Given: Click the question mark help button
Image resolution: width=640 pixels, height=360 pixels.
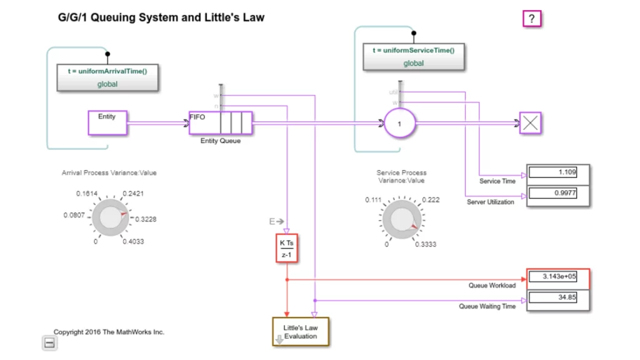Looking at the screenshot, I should pyautogui.click(x=531, y=19).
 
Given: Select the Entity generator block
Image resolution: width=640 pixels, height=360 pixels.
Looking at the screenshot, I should pyautogui.click(x=107, y=122).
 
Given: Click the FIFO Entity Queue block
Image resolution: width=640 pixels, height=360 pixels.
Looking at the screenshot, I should pyautogui.click(x=221, y=122).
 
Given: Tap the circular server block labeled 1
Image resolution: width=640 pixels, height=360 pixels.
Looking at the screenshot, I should pyautogui.click(x=399, y=124).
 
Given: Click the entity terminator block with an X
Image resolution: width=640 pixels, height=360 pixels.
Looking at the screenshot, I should pyautogui.click(x=530, y=123).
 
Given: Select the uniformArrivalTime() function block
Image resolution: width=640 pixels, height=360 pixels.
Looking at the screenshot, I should pyautogui.click(x=107, y=77).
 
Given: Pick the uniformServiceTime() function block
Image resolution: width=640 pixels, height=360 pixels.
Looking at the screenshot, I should pyautogui.click(x=413, y=57).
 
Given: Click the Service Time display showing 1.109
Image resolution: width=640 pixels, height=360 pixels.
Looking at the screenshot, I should pyautogui.click(x=552, y=172).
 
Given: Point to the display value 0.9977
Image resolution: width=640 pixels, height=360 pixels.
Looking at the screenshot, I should pyautogui.click(x=552, y=193).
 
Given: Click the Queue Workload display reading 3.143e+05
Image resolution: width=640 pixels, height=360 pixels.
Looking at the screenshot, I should pyautogui.click(x=552, y=276).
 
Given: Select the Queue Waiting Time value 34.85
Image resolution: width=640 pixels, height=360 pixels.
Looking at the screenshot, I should pyautogui.click(x=552, y=297).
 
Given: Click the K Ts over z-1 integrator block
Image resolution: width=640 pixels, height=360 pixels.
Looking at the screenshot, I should pyautogui.click(x=286, y=247).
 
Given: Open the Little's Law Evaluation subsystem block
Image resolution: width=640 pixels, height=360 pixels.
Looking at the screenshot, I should pyautogui.click(x=300, y=331).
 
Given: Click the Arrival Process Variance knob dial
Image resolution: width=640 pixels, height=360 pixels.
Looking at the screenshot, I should pyautogui.click(x=110, y=217).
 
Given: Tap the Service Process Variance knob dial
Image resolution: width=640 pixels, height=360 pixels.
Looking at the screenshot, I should pyautogui.click(x=400, y=220).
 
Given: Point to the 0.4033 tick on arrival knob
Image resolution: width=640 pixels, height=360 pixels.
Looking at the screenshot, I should pyautogui.click(x=133, y=241).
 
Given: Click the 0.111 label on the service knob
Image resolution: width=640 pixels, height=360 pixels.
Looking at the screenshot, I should pyautogui.click(x=373, y=200).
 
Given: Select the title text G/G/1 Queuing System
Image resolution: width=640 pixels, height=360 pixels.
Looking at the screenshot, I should pyautogui.click(x=161, y=17).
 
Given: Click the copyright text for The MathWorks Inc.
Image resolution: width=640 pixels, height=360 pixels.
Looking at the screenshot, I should pyautogui.click(x=109, y=332).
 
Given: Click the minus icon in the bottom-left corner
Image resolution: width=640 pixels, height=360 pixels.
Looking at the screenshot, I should pyautogui.click(x=49, y=342).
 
